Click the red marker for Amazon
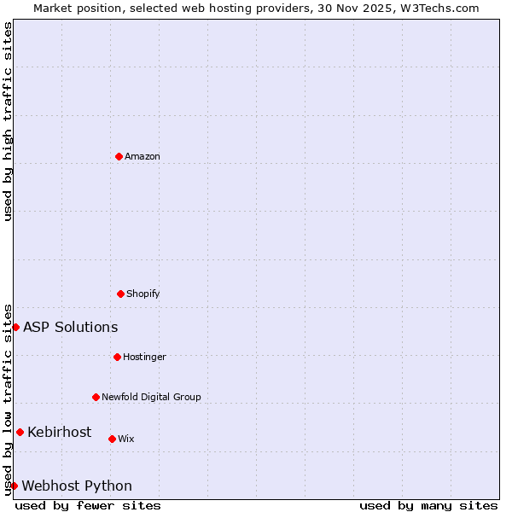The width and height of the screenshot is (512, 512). pos(119,156)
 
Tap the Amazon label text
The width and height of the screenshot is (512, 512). pos(143,156)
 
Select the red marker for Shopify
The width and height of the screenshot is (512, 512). pos(120,294)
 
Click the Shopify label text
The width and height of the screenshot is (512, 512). pos(143,294)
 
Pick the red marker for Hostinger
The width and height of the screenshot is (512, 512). pos(117,357)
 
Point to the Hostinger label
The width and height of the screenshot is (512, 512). pos(144,357)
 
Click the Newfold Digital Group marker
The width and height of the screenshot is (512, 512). pos(96,397)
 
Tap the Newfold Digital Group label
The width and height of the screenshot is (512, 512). pos(151,397)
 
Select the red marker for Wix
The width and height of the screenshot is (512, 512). pos(112,439)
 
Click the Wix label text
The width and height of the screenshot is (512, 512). pos(126,439)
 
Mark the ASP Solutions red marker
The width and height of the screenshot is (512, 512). pos(15,327)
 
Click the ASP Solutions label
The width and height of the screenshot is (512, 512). pos(70,328)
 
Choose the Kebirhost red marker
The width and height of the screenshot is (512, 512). pos(20,432)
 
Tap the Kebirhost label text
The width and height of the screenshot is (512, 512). pos(59,433)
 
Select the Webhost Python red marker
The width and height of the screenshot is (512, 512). pos(14,486)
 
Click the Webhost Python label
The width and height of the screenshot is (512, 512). pos(77,486)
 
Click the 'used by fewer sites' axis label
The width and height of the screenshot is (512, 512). pos(88,506)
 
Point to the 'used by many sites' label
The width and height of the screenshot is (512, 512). pos(428,506)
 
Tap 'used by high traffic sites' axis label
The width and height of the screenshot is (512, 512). pos(8,121)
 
